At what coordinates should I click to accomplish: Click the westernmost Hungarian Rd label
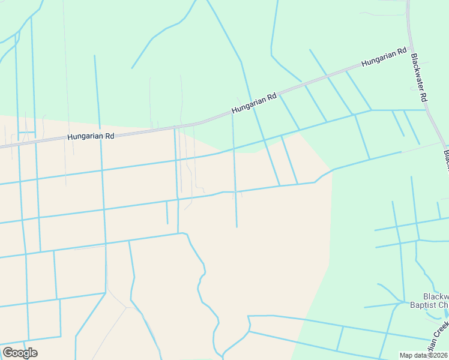[91, 136]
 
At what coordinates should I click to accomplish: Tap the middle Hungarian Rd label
[254, 103]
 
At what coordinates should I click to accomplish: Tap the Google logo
[20, 353]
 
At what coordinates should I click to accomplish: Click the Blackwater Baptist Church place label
[427, 301]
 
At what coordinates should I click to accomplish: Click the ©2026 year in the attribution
[437, 355]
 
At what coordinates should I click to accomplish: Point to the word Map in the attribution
[406, 355]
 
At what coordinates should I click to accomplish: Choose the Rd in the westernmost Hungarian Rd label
[109, 136]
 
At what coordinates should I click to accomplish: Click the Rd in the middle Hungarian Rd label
[271, 96]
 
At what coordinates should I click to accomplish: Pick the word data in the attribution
[420, 355]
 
